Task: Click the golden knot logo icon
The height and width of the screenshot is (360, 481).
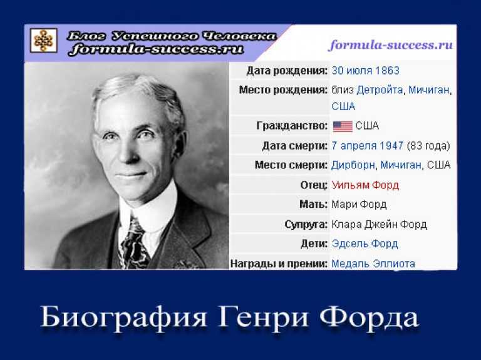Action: click(x=44, y=40)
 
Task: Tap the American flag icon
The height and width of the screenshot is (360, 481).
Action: click(x=343, y=126)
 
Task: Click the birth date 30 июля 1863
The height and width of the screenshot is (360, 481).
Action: click(x=365, y=71)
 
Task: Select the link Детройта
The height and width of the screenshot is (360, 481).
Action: click(x=380, y=90)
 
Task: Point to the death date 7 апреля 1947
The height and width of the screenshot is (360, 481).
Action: click(x=368, y=146)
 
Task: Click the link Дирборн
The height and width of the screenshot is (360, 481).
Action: click(x=353, y=165)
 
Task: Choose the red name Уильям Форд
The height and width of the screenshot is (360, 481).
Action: click(x=365, y=185)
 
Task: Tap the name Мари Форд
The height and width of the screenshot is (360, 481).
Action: click(x=359, y=205)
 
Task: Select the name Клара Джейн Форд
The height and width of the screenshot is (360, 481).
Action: click(x=379, y=225)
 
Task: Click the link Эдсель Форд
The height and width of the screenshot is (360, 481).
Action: click(x=365, y=244)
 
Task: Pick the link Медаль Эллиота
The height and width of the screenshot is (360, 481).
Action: click(x=373, y=264)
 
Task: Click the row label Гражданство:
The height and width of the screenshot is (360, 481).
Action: click(x=292, y=126)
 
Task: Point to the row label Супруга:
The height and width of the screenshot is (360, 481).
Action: click(x=306, y=225)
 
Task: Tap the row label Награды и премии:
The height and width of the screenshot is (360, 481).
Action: click(x=279, y=264)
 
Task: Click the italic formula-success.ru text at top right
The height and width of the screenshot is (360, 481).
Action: click(x=391, y=45)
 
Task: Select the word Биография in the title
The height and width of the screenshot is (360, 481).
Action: click(x=123, y=317)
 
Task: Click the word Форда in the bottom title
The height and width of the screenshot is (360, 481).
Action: click(x=369, y=317)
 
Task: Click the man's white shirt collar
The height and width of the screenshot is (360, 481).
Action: click(x=148, y=208)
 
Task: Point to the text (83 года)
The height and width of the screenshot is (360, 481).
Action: click(x=428, y=146)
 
